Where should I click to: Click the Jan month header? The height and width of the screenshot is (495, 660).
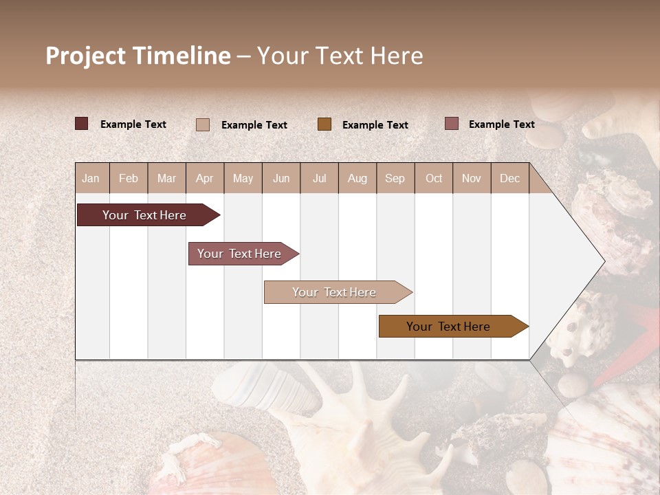(91, 179)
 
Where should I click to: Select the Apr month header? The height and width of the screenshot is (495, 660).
(205, 179)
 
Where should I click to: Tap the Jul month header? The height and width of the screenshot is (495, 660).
(319, 179)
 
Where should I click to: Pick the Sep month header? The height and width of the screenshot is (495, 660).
(395, 179)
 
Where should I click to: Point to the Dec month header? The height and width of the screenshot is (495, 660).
(509, 179)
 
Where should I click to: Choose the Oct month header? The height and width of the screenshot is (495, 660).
(434, 179)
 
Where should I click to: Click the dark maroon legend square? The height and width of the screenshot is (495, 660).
(82, 124)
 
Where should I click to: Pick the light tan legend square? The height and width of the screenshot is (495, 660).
(203, 124)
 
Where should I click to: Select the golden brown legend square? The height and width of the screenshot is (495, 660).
(324, 124)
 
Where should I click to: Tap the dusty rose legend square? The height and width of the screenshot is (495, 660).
(451, 124)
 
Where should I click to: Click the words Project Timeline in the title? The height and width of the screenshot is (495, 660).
(137, 56)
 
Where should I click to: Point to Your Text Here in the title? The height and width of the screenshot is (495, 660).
(340, 56)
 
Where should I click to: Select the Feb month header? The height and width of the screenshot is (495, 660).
(129, 179)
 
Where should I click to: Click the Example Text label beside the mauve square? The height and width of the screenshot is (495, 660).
(501, 124)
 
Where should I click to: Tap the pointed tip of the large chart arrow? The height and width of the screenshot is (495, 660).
(603, 261)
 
